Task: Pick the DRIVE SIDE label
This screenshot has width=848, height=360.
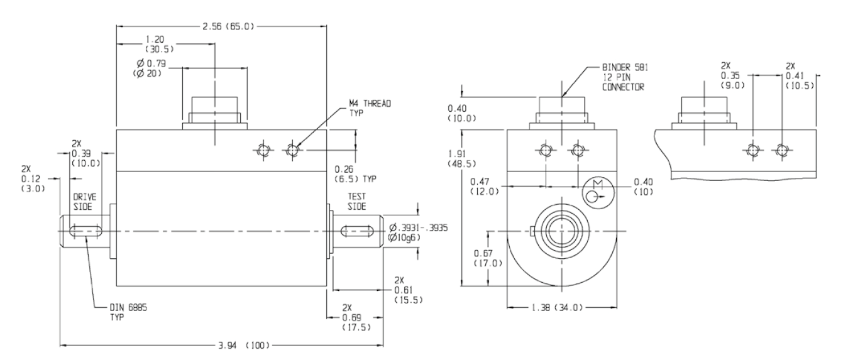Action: click(79, 200)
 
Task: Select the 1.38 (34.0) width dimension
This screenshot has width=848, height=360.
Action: click(553, 308)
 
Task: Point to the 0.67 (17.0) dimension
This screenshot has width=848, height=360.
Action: click(487, 258)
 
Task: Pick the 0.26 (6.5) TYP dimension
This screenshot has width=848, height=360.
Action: click(363, 174)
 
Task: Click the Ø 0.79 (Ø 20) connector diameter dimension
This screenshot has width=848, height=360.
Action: click(151, 67)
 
